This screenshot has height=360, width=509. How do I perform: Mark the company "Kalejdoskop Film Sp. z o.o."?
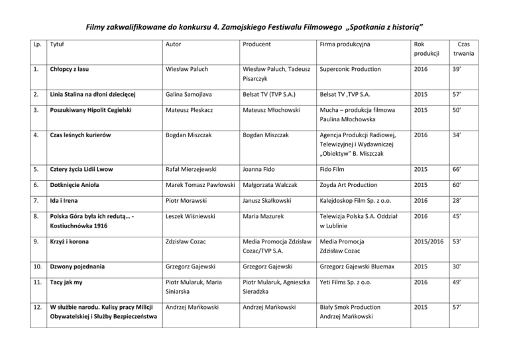point(363,237)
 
